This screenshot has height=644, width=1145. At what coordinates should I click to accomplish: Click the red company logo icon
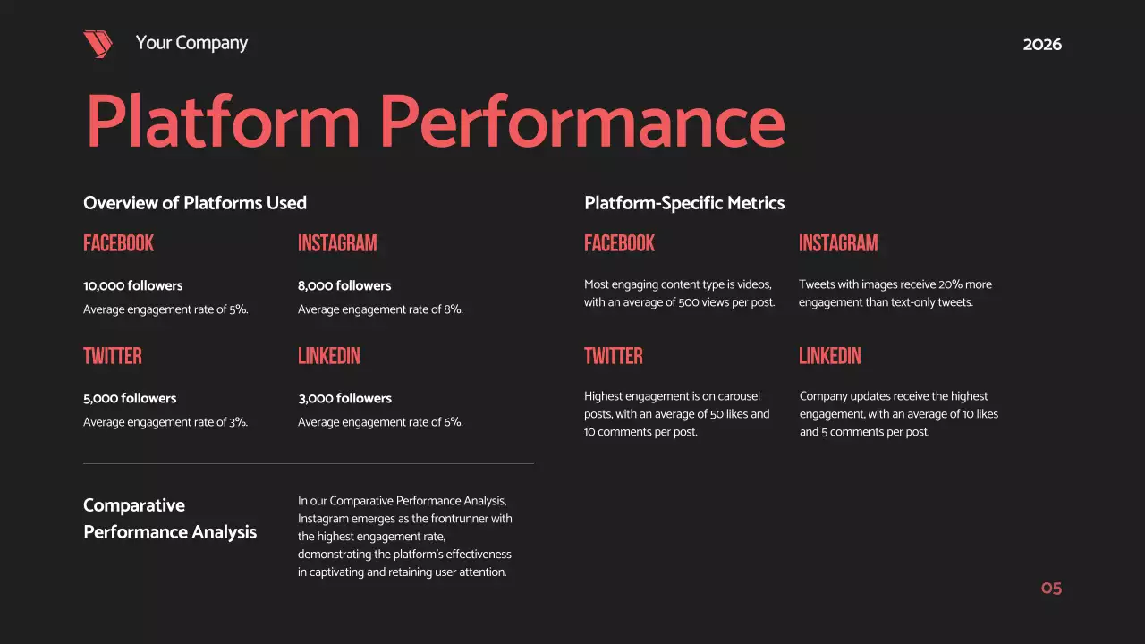[x=98, y=44]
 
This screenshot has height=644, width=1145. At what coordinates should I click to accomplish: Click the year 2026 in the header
[x=1042, y=45]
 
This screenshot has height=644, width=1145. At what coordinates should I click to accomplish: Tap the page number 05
[x=1051, y=589]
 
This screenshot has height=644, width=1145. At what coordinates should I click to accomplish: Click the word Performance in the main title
[x=582, y=122]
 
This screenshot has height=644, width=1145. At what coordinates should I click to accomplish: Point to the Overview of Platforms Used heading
[x=195, y=203]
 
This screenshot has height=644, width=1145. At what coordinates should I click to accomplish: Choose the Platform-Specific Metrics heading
[x=684, y=203]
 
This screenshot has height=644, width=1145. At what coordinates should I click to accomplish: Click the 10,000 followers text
[x=132, y=286]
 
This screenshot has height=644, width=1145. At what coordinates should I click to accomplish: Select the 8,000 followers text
[x=344, y=286]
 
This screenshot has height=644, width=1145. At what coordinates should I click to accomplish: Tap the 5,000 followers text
[x=130, y=399]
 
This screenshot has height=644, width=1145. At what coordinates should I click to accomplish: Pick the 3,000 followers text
[x=344, y=399]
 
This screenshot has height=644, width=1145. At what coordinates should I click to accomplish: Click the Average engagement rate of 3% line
[x=165, y=422]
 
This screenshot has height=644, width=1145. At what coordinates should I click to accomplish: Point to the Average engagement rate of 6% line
[x=380, y=422]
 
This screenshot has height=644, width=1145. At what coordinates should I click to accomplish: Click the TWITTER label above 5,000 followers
[x=113, y=356]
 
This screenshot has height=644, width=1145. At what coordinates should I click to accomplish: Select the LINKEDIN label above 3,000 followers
[x=329, y=356]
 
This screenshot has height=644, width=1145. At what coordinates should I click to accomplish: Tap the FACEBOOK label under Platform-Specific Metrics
[x=619, y=243]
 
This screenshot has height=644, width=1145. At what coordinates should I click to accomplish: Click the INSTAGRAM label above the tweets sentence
[x=838, y=243]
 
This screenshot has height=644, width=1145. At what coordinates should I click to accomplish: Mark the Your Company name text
[x=191, y=43]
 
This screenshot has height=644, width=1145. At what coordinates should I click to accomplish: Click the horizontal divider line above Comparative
[x=308, y=463]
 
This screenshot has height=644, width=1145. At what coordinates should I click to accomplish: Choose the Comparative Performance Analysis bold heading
[x=170, y=519]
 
